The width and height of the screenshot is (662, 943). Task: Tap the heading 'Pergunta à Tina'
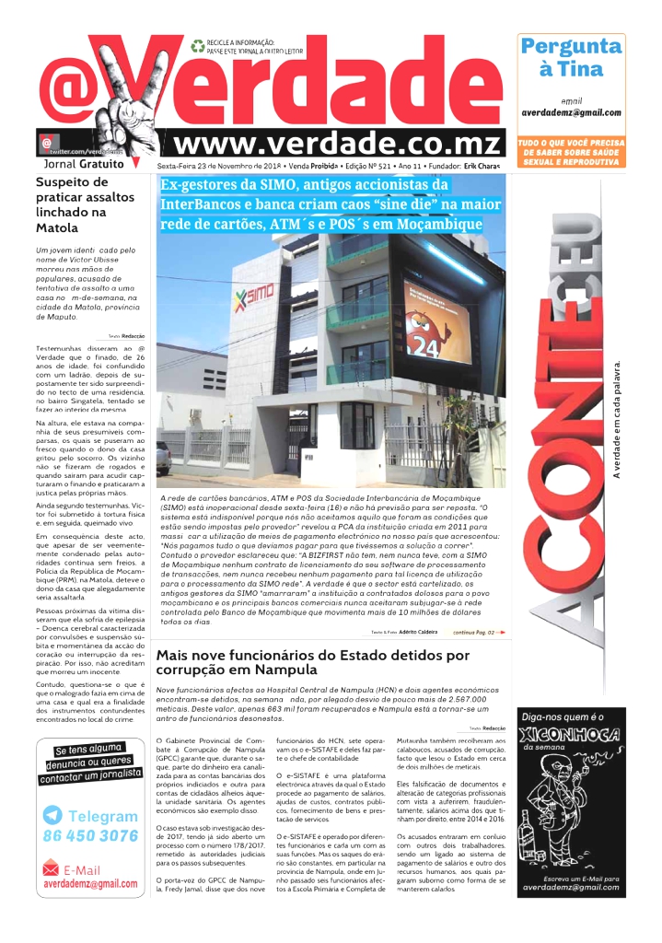[x=571, y=57]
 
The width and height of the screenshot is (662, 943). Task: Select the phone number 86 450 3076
[x=90, y=836]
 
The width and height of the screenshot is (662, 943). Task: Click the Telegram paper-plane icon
[x=52, y=815]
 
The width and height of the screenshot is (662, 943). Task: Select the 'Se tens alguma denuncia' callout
[x=90, y=763]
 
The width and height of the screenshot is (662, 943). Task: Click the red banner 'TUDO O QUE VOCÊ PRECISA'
[x=571, y=152]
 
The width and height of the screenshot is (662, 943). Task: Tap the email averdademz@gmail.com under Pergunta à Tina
[x=571, y=112]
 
